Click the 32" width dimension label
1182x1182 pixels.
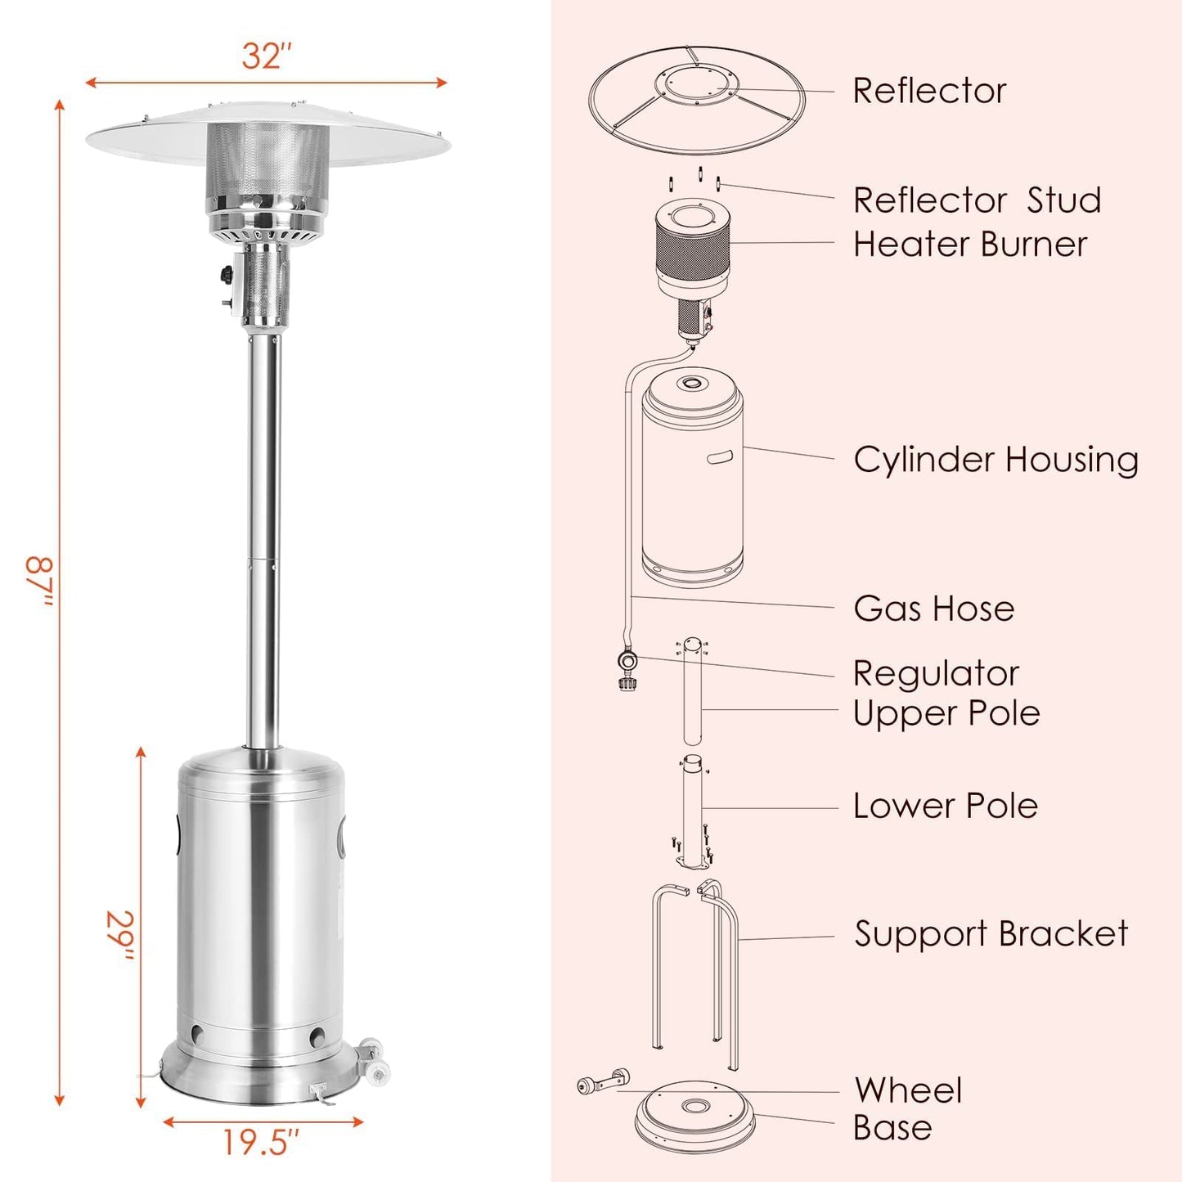tap(266, 56)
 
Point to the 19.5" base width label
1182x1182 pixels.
tap(261, 1142)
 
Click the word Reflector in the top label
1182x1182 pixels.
tap(929, 91)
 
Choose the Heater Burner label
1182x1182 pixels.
tap(970, 245)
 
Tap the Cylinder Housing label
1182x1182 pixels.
tap(995, 460)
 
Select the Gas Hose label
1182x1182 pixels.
tap(933, 609)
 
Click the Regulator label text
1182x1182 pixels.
tap(936, 674)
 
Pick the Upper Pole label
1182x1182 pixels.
tap(946, 713)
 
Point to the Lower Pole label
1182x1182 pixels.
tap(946, 806)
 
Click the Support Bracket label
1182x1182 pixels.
tap(991, 934)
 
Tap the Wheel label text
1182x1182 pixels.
tap(908, 1090)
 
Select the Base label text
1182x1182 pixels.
tap(892, 1128)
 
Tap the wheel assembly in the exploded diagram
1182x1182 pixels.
tap(604, 1083)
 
